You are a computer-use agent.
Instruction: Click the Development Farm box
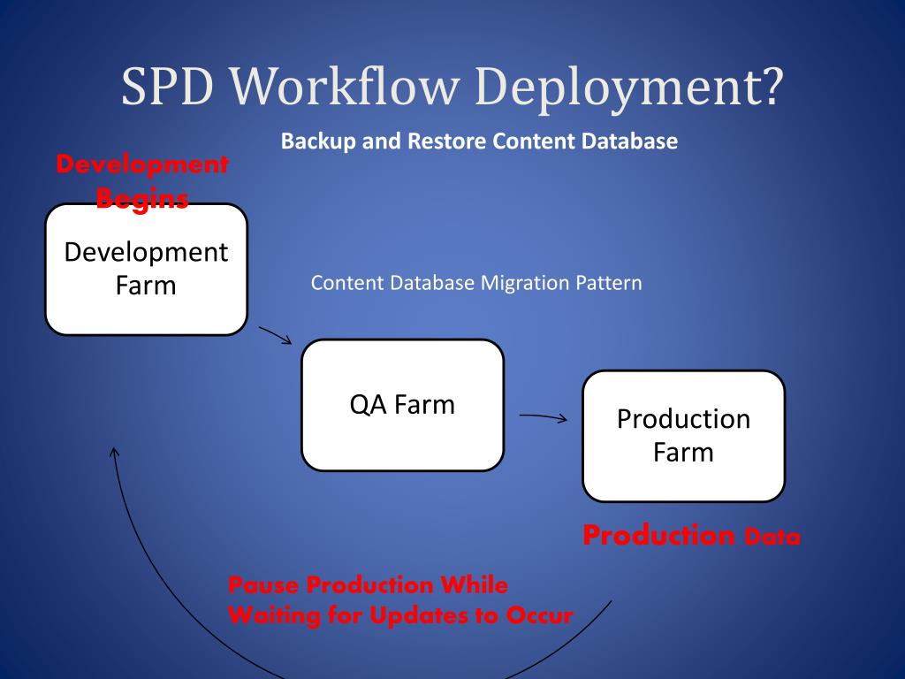[146, 270]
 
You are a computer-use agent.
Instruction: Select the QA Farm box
[402, 405]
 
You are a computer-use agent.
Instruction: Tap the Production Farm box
[683, 436]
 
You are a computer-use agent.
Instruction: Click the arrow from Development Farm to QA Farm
[275, 336]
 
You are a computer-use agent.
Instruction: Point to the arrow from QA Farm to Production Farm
[543, 417]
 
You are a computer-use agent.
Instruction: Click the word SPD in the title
[169, 88]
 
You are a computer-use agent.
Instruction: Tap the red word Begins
[142, 199]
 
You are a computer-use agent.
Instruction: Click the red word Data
[772, 537]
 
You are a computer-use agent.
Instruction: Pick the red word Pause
[263, 585]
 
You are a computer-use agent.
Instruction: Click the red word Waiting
[272, 615]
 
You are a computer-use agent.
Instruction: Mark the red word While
[475, 585]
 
